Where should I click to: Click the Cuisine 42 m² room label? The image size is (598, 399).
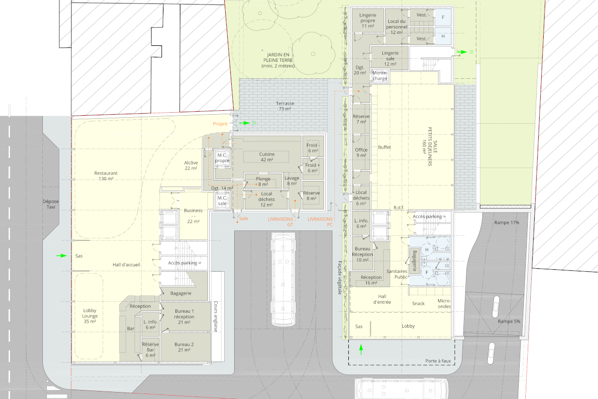[x=267, y=157]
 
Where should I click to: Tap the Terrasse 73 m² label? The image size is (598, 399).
[x=285, y=106]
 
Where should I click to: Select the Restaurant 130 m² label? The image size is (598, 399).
[x=106, y=176]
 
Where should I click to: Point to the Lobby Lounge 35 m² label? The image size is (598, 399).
[x=90, y=316]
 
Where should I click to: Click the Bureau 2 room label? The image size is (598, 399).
[x=184, y=347]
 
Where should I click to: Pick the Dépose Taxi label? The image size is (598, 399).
[x=50, y=204]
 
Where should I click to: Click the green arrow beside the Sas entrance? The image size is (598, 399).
[x=61, y=256]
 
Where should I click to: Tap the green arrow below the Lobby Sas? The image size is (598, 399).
[x=361, y=349]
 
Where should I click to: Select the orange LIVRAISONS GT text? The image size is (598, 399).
[x=280, y=222]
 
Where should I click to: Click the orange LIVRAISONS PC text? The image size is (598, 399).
[x=320, y=222]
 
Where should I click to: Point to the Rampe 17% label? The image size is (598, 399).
[x=507, y=222]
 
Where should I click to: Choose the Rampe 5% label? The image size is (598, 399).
[x=509, y=322]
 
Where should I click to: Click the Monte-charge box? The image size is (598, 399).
[x=380, y=76]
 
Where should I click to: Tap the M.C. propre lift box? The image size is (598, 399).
[x=222, y=158]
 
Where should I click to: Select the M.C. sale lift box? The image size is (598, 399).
[x=222, y=200]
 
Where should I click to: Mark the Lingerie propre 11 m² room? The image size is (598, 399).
[x=368, y=20]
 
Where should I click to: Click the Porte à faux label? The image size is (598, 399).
[x=438, y=361]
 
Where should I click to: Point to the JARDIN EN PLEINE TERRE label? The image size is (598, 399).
[x=278, y=60]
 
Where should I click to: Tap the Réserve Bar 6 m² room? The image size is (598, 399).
[x=150, y=350]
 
